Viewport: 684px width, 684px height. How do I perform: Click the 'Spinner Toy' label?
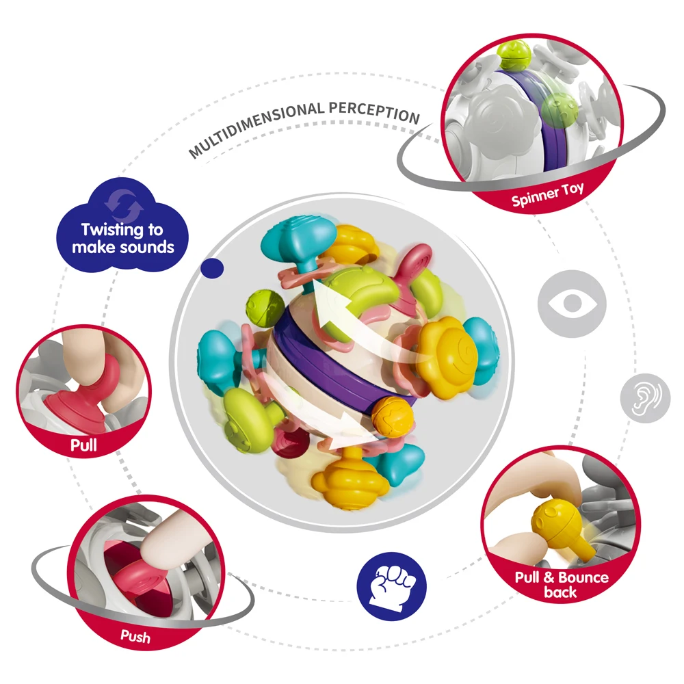548,195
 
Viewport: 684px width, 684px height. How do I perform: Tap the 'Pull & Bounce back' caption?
561,585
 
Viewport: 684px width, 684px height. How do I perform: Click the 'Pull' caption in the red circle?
83,446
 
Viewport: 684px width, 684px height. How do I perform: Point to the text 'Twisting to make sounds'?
123,238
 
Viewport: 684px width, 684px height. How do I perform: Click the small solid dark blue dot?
215,268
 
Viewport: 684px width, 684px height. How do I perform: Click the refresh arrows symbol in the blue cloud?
123,202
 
